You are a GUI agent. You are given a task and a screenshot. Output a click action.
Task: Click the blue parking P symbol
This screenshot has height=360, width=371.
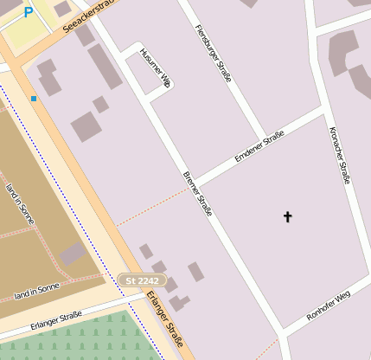pos(29,12)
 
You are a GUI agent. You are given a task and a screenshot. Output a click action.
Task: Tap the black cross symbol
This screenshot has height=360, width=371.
pos(288,216)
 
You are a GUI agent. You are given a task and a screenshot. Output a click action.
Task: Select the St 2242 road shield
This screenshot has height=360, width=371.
pos(142,280)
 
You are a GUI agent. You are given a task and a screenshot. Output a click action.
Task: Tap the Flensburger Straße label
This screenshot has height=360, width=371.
pos(213,54)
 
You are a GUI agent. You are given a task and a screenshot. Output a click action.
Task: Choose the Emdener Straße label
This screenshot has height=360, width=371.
pos(259,145)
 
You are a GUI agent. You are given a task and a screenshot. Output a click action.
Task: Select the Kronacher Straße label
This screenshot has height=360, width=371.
pos(339,155)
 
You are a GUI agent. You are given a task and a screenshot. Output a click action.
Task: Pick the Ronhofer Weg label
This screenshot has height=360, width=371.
pos(329,307)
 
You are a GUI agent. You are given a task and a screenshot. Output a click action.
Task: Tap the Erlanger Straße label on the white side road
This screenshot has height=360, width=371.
pos(56,319)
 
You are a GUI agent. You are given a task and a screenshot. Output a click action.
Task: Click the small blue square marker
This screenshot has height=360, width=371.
pos(34,99)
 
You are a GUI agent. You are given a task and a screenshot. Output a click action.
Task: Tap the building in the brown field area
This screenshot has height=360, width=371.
pos(73,254)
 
